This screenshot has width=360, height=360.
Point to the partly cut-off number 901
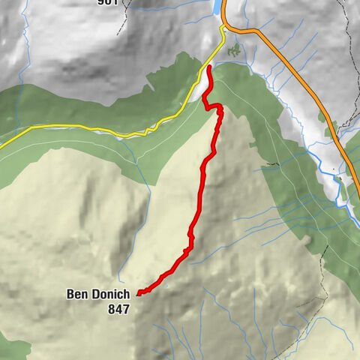pos(108,2)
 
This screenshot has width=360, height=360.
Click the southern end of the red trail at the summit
pos(139,293)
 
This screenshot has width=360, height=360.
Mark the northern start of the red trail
pos(209,68)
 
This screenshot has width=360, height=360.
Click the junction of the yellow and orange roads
pos(223,28)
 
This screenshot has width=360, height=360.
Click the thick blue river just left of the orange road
pos(330,173)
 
